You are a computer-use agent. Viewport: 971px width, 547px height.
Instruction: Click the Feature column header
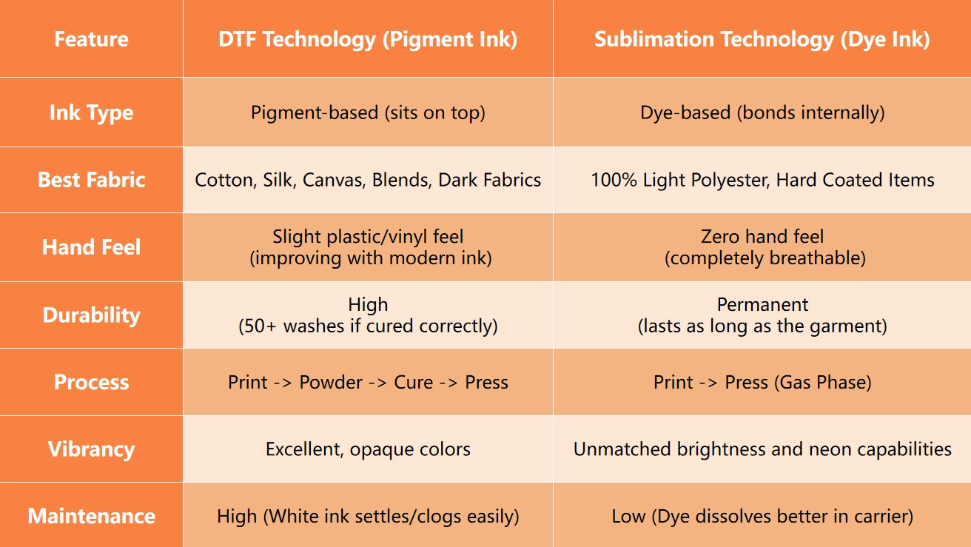(91, 38)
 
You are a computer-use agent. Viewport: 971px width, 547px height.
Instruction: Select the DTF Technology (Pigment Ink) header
(368, 38)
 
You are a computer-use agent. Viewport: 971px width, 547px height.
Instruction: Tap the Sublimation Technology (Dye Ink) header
(762, 38)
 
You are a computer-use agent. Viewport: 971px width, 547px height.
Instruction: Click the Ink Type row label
(91, 113)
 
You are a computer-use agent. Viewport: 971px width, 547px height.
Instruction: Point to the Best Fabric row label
(91, 180)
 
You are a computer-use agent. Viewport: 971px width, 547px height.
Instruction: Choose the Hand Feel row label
(91, 246)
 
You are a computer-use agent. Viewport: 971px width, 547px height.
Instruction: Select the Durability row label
(91, 315)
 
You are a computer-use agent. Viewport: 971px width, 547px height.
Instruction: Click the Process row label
(91, 382)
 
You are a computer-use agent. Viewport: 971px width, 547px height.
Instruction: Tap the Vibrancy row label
(91, 449)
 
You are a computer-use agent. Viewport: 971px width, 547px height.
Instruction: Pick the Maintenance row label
(91, 516)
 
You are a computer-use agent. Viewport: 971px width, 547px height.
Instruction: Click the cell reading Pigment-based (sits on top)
(368, 113)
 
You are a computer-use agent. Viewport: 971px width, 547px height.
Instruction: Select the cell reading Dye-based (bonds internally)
(762, 113)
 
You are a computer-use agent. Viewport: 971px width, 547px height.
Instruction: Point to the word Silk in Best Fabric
(278, 180)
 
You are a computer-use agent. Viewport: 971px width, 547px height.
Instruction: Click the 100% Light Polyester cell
(762, 180)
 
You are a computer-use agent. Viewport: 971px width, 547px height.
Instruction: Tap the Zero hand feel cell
(762, 246)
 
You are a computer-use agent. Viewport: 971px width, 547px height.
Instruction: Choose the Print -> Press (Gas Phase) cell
(762, 382)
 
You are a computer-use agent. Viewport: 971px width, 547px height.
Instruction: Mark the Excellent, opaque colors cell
(368, 449)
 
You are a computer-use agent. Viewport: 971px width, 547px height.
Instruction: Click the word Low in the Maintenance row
(628, 516)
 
